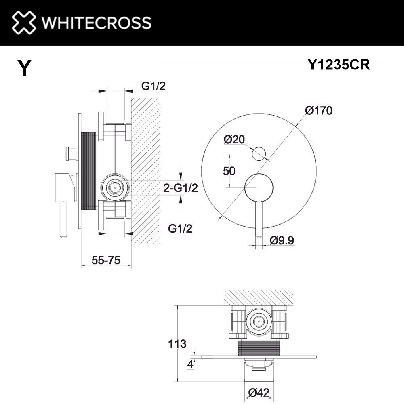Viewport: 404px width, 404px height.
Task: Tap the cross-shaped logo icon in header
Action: coord(23,22)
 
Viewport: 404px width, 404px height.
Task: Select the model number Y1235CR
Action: coord(339,65)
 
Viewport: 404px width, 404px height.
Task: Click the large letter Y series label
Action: coord(24,68)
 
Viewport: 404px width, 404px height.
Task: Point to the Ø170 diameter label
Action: coord(319,110)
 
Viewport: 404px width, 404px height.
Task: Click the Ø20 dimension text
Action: coord(234,139)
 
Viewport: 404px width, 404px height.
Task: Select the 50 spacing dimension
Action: coord(229,170)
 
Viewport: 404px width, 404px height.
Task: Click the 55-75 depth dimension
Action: coord(106,261)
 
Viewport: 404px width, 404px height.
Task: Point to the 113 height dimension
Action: coord(177,344)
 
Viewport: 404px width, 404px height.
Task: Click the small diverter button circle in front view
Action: coord(258,154)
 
